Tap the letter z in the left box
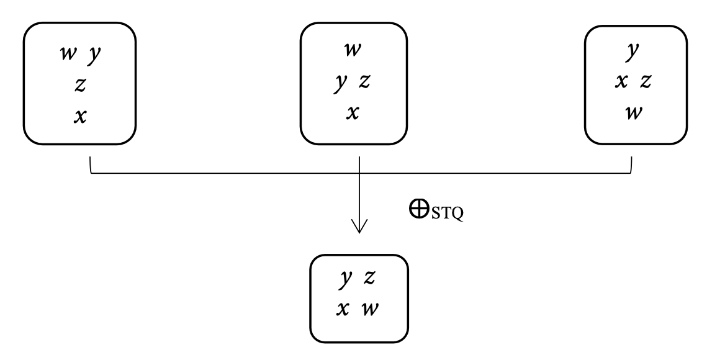point(79,85)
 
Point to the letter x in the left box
point(79,116)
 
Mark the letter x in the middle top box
point(352,113)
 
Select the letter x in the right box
point(620,81)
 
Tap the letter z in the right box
point(646,81)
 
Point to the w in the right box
point(633,114)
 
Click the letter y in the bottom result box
point(346,281)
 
